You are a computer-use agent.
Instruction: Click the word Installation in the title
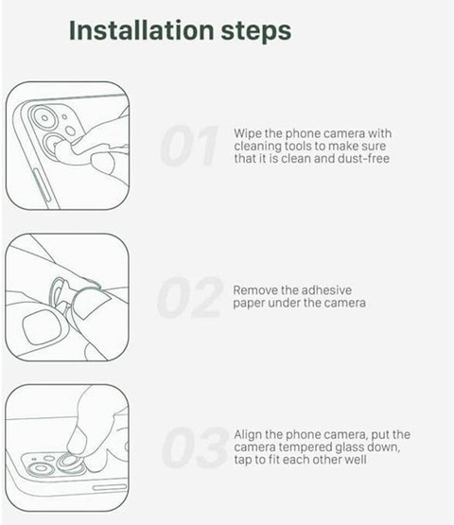[x=142, y=30]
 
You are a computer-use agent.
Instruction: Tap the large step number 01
[x=189, y=146]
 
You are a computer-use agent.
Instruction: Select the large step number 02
[x=190, y=297]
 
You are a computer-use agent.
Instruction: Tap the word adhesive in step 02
[x=328, y=290]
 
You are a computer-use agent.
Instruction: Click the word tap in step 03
[x=243, y=460]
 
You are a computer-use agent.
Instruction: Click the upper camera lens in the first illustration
[x=44, y=117]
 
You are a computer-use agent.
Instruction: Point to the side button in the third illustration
[x=110, y=487]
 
